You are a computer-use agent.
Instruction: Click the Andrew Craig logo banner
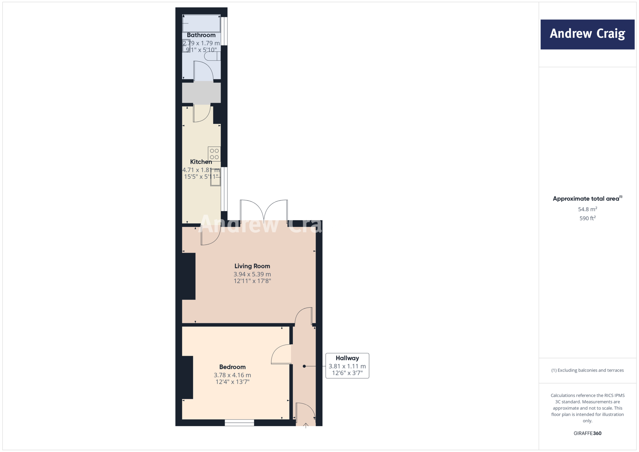click(587, 34)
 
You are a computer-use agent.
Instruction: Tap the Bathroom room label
click(201, 35)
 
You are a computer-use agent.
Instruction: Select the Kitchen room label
click(201, 162)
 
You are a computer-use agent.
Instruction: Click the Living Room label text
click(252, 266)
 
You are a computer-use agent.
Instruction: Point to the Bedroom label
click(232, 367)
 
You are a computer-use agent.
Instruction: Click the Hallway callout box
click(347, 366)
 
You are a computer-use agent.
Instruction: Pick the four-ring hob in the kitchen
click(214, 154)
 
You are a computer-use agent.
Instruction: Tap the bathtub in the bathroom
click(202, 23)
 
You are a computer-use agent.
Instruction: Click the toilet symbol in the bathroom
click(212, 56)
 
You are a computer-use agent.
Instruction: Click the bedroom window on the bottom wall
click(239, 423)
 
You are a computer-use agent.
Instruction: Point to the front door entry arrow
click(306, 425)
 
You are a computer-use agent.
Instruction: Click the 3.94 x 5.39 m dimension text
click(252, 274)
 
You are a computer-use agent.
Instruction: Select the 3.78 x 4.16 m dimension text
click(232, 375)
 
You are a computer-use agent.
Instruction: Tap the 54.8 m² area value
click(588, 209)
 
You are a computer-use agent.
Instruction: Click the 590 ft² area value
click(588, 218)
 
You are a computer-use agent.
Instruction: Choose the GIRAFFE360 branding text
click(588, 433)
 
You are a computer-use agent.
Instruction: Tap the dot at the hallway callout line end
click(304, 366)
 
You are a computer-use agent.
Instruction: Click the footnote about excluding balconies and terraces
click(588, 370)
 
